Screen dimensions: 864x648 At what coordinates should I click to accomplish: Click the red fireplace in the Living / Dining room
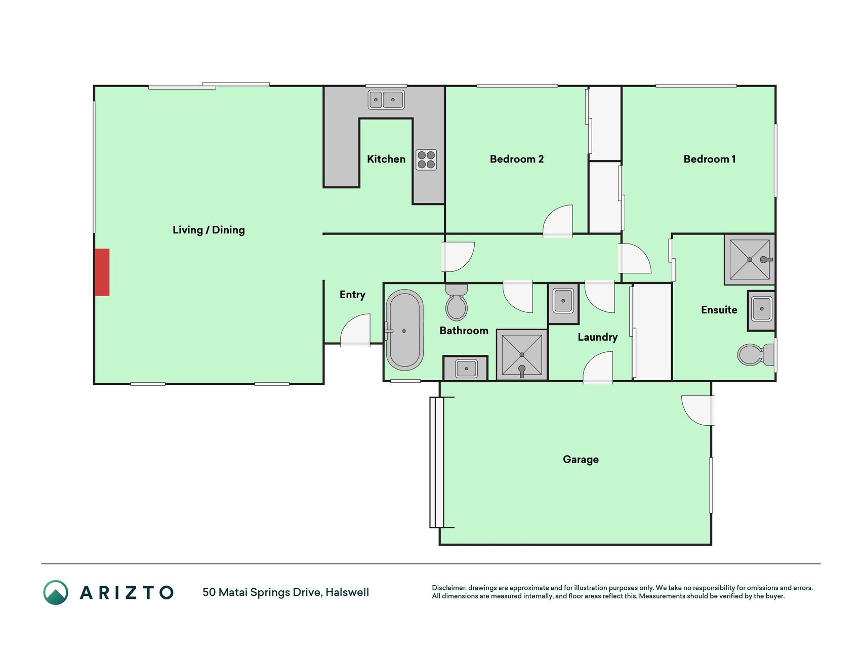(102, 272)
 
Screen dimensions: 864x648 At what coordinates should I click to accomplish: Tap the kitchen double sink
(386, 100)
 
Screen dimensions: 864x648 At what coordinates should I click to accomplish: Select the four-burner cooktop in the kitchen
(426, 159)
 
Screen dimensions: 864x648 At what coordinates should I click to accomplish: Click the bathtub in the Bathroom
(404, 330)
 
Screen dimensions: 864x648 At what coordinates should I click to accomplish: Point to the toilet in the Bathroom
(457, 302)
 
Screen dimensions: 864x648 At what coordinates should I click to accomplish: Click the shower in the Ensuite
(750, 259)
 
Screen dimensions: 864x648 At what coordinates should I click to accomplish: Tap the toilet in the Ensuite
(757, 354)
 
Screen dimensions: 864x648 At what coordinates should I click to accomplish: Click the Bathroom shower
(522, 355)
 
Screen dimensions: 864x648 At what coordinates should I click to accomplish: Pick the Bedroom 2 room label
(517, 159)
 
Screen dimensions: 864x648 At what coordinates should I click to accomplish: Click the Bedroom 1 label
(710, 159)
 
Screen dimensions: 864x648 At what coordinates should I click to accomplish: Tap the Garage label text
(581, 459)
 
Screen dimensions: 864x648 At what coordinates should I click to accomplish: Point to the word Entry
(352, 295)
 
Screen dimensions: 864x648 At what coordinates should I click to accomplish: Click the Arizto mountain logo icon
(56, 592)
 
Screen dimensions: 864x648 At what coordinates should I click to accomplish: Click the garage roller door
(437, 462)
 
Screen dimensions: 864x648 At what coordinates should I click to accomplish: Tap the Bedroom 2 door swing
(558, 221)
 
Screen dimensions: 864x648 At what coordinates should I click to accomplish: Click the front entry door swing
(355, 330)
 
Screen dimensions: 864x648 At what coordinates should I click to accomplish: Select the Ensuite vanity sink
(762, 309)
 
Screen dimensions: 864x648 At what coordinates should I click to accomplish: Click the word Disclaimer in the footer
(449, 588)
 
